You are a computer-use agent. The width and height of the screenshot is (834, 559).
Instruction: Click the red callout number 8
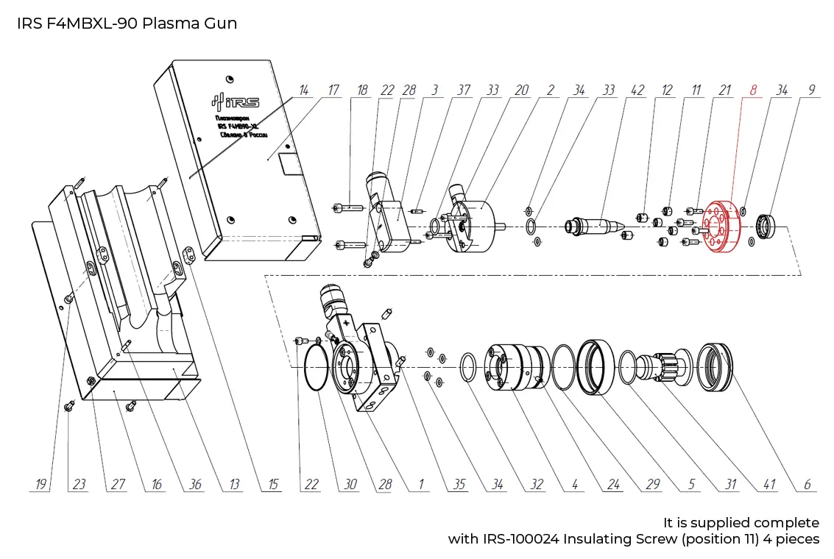pos(752,90)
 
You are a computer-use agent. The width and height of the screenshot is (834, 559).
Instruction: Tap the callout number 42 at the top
pos(637,90)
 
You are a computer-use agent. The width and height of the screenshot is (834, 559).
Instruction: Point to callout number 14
pos(303,90)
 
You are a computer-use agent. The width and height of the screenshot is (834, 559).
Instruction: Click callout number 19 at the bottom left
pos(41,485)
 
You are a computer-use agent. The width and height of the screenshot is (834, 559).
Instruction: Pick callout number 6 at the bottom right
pos(808,485)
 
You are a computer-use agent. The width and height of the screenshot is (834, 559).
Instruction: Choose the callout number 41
pos(770,485)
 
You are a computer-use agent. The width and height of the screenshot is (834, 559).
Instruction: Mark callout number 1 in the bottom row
pos(422,485)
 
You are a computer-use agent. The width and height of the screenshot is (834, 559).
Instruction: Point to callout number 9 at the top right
pos(812,90)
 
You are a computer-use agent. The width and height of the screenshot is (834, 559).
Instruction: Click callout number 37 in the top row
pos(463,90)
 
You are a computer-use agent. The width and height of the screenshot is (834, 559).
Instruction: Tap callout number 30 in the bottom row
pos(350,485)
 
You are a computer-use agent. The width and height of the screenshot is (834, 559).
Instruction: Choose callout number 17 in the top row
pos(333,90)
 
